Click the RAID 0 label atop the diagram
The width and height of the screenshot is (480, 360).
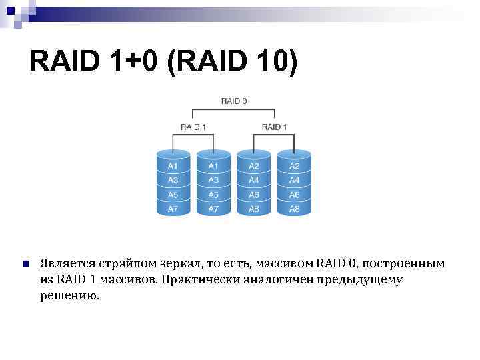234,101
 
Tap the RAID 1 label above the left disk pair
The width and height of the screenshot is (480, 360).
193,127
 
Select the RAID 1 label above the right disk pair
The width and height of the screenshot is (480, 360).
274,127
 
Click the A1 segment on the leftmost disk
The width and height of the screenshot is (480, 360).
173,165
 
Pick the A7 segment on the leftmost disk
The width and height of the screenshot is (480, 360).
173,209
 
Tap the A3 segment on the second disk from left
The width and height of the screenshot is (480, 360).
213,180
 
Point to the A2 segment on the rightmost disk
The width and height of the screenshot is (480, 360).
294,165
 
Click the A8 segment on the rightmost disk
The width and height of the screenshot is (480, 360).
294,209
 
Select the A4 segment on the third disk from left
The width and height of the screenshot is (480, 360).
254,180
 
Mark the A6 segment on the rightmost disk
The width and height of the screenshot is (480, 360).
294,195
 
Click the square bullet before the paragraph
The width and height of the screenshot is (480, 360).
25,264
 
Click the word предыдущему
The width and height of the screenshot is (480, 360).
361,279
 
